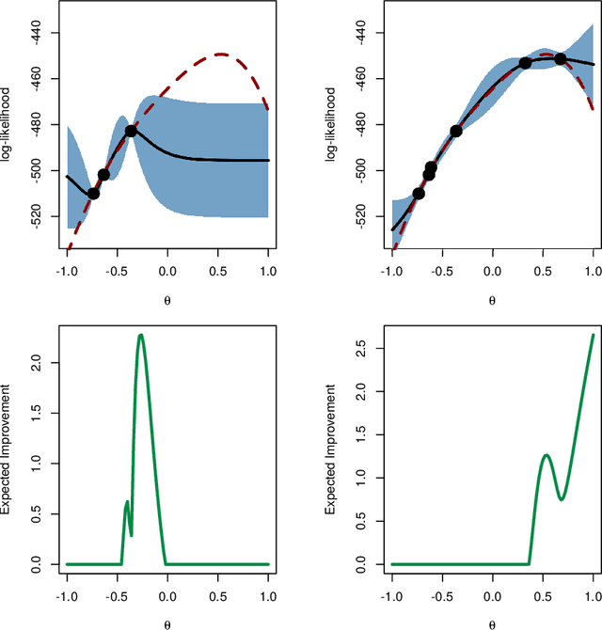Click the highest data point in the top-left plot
pos(131,131)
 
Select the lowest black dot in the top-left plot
pos(93,193)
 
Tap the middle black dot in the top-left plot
pos(103,174)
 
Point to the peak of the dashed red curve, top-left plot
pos(221,54)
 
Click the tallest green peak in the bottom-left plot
pos(141,335)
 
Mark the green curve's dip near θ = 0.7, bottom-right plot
pos(562,499)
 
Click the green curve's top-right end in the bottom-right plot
pos(594,334)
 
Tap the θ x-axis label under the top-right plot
pos(492,301)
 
